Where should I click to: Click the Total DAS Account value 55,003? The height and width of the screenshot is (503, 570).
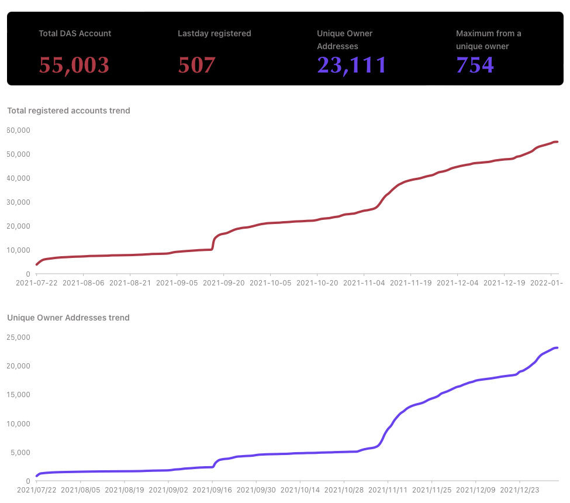[x=74, y=65]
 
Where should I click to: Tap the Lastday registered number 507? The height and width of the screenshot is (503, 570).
[x=196, y=65]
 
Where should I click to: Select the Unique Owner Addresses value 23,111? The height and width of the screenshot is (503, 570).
[x=351, y=65]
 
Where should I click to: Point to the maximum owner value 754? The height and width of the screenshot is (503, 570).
[x=475, y=65]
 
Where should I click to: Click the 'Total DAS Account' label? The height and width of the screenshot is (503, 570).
[x=75, y=33]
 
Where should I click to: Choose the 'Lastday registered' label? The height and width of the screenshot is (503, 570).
[x=214, y=33]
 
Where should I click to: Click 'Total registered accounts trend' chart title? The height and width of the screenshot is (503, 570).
[x=68, y=111]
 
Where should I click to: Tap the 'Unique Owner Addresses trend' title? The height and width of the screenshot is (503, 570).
[x=68, y=318]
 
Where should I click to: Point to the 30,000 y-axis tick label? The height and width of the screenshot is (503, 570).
[x=18, y=202]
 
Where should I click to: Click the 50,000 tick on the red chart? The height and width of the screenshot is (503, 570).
[x=18, y=154]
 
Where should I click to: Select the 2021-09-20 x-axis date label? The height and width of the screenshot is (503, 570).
[x=223, y=282]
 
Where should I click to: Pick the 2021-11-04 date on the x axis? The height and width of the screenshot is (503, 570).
[x=364, y=282]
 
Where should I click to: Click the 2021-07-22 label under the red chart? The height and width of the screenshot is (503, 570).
[x=36, y=282]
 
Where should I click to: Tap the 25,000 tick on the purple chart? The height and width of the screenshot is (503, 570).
[x=18, y=337]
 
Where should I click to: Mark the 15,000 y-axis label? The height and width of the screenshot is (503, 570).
[x=18, y=394]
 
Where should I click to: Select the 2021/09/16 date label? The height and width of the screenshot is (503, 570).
[x=212, y=490]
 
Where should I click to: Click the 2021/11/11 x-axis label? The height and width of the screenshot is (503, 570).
[x=388, y=490]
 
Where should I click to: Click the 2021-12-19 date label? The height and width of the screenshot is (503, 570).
[x=504, y=282]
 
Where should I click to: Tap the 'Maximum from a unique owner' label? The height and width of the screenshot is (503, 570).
[x=488, y=40]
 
